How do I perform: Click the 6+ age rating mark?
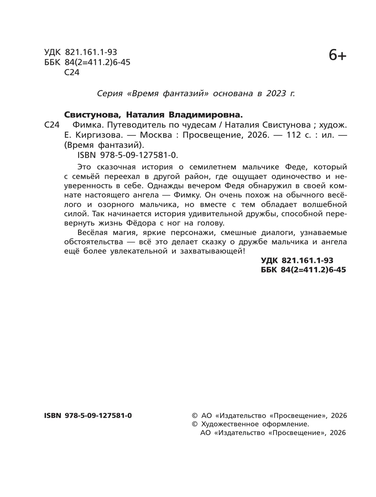pos(337,56)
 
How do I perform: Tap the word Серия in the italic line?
pos(109,94)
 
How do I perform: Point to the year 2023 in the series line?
pos(276,94)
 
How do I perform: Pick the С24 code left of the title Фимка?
pos(52,125)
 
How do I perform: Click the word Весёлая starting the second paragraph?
pos(92,233)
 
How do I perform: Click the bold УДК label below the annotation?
pos(270,260)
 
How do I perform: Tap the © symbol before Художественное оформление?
pos(195,424)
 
